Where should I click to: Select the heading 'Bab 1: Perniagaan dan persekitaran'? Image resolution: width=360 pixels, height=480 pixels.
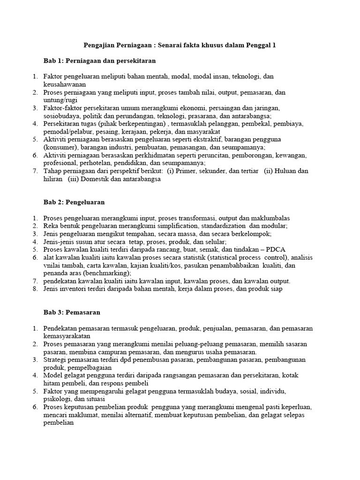[99, 61]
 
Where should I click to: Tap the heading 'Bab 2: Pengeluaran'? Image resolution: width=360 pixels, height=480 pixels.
[74, 202]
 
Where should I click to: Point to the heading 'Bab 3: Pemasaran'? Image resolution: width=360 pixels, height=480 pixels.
[72, 312]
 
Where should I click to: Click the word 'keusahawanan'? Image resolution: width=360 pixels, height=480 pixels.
[65, 84]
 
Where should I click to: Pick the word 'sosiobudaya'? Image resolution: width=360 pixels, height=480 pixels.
[61, 116]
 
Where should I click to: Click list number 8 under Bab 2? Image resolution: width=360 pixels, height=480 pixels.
[35, 289]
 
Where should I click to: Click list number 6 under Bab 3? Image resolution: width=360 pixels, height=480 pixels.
[35, 407]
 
